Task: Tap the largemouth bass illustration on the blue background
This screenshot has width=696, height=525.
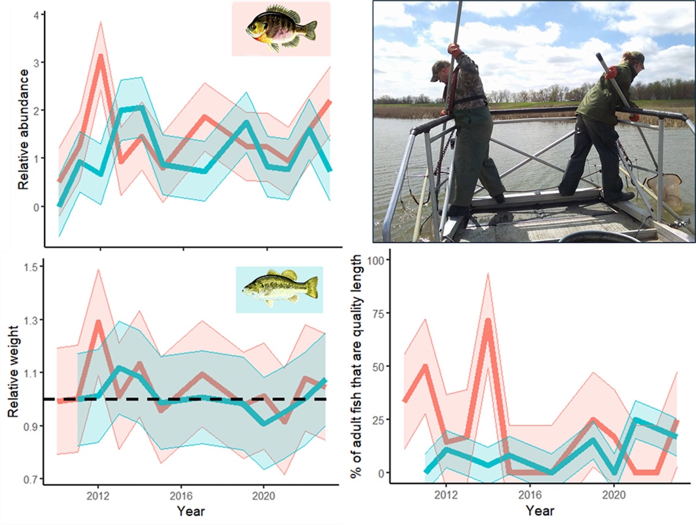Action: pyautogui.click(x=280, y=288)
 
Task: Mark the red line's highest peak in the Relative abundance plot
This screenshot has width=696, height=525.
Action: pyautogui.click(x=100, y=56)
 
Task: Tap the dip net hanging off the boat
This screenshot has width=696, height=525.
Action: pyautogui.click(x=665, y=191)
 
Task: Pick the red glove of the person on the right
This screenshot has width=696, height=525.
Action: pyautogui.click(x=612, y=72)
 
